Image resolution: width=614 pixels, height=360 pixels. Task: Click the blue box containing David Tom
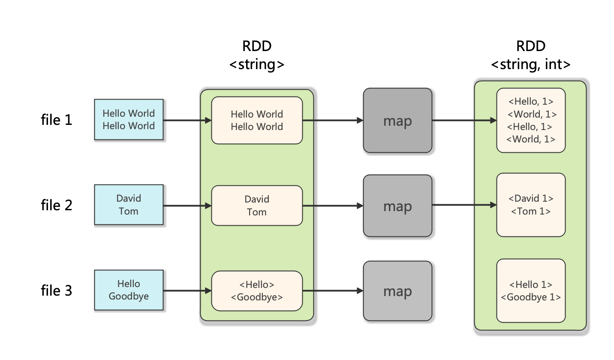click(129, 205)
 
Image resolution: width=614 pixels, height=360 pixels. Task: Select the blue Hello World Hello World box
click(129, 119)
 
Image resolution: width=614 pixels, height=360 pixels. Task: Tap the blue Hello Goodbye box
click(129, 290)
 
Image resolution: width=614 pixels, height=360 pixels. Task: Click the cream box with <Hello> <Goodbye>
click(257, 291)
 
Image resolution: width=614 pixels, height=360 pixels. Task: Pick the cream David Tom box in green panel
click(257, 206)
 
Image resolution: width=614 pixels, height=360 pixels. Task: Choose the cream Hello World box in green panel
click(257, 120)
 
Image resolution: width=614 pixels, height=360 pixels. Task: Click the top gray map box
click(397, 121)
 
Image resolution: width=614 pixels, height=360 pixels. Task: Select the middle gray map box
click(397, 206)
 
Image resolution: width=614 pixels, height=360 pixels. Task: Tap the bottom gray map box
click(397, 291)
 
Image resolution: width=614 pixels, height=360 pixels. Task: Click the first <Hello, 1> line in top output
click(531, 102)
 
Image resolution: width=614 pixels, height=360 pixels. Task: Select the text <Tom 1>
click(531, 212)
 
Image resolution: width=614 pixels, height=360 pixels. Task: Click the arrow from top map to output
click(463, 121)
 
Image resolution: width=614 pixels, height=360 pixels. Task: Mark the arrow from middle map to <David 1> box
click(463, 205)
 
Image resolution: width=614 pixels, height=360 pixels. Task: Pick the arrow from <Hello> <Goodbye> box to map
click(333, 291)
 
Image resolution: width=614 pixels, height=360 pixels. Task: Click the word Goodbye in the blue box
click(129, 296)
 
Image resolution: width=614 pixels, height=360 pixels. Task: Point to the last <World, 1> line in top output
click(531, 139)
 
